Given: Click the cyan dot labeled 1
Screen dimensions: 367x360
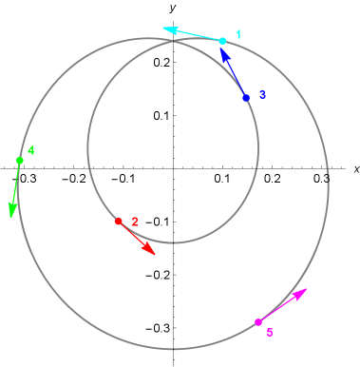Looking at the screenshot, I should point(222,41).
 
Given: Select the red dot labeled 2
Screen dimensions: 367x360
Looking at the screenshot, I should point(118,222).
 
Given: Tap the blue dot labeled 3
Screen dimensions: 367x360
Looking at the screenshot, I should point(246,98).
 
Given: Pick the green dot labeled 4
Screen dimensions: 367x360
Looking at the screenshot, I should point(20,161).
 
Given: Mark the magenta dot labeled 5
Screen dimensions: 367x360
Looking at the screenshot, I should point(257,322).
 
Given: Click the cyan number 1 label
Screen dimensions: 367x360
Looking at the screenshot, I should point(238,35).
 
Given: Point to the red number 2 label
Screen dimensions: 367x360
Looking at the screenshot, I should point(135,222).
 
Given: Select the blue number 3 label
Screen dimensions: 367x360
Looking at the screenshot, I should point(262,95).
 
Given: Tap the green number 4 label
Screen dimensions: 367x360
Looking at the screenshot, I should point(31,150).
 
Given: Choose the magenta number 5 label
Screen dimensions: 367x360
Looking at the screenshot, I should point(270,333).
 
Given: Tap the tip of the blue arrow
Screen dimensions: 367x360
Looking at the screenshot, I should point(222,51).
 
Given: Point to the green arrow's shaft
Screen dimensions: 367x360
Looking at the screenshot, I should point(16,184).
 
